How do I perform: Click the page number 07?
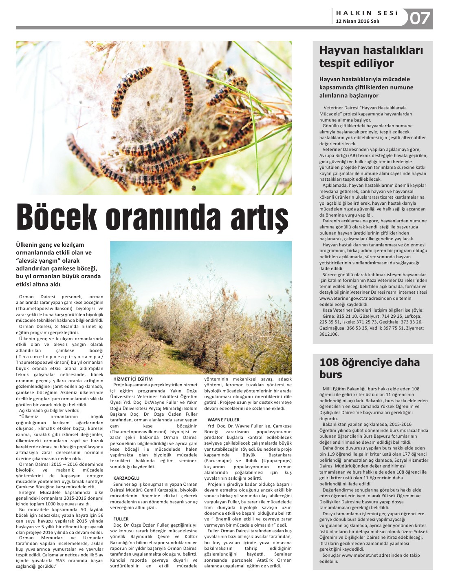pyautogui.click(x=420, y=18)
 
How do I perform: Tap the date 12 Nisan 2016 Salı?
pyautogui.click(x=357, y=21)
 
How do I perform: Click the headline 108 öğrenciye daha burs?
pyautogui.click(x=369, y=368)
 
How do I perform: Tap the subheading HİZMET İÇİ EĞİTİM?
pyautogui.click(x=133, y=379)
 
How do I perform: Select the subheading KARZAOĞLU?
pyautogui.click(x=126, y=478)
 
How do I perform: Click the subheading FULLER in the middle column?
pyautogui.click(x=121, y=519)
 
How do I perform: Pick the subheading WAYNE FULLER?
pyautogui.click(x=223, y=420)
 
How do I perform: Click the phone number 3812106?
pyautogui.click(x=329, y=334)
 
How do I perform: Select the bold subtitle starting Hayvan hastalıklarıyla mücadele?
pyautogui.click(x=366, y=87)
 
